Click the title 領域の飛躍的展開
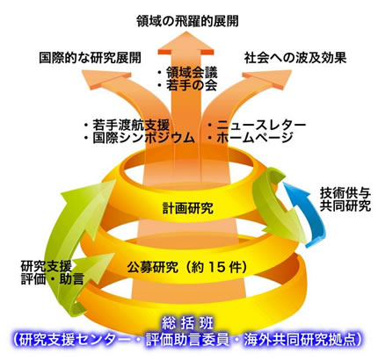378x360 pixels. pyautogui.click(x=187, y=21)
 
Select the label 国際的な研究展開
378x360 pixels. pyautogui.click(x=91, y=58)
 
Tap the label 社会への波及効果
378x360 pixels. pyautogui.click(x=295, y=58)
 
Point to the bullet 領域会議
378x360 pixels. pyautogui.click(x=192, y=73)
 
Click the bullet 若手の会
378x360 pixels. pyautogui.click(x=192, y=85)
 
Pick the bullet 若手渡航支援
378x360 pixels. pyautogui.click(x=132, y=126)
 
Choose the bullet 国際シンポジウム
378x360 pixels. pyautogui.click(x=144, y=138)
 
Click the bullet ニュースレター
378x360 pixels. pyautogui.click(x=261, y=126)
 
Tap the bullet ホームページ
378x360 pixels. pyautogui.click(x=255, y=138)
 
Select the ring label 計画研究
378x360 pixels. pyautogui.click(x=188, y=208)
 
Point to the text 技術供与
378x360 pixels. pyautogui.click(x=345, y=193)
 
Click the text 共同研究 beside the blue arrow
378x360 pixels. pyautogui.click(x=345, y=205)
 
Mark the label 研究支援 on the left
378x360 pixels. pyautogui.click(x=47, y=266)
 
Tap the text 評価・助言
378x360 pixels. pyautogui.click(x=53, y=279)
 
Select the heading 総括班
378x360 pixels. pyautogui.click(x=188, y=324)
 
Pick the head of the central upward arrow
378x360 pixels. pyautogui.click(x=186, y=43)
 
